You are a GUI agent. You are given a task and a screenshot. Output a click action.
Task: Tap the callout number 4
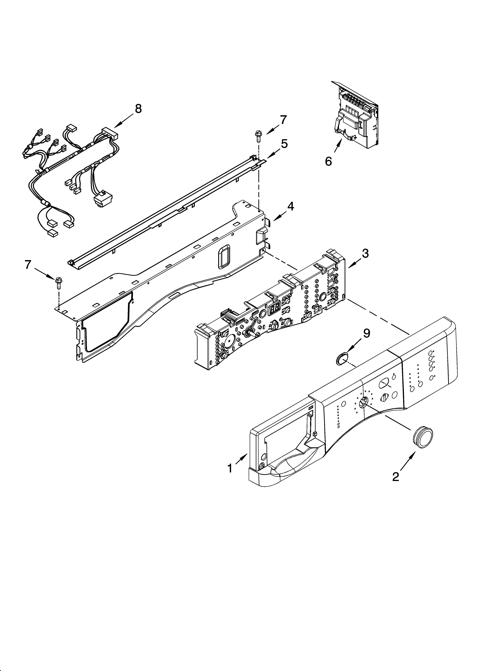point(291,206)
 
